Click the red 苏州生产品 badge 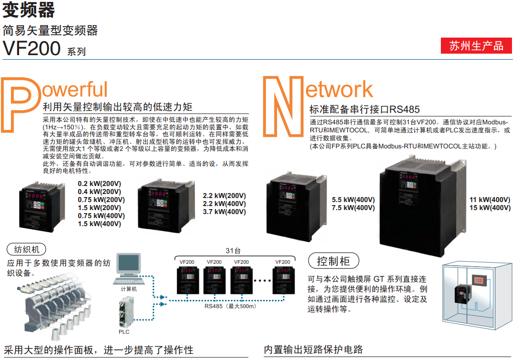tap(476, 46)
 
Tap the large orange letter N tap(283, 106)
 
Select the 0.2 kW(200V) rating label tap(99, 184)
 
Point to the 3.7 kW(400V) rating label tap(224, 212)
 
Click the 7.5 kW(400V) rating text tap(353, 208)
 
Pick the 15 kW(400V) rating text tap(490, 208)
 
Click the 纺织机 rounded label tap(27, 249)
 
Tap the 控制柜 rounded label tap(333, 261)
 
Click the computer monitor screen tap(129, 263)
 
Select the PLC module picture tap(126, 312)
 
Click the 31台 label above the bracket tap(233, 251)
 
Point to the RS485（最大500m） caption tap(230, 306)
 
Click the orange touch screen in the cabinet tap(478, 280)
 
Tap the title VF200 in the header tap(32, 48)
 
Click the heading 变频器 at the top tap(29, 10)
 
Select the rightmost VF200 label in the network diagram tap(283, 262)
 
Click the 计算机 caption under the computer tap(129, 289)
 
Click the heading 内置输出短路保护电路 tap(314, 349)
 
